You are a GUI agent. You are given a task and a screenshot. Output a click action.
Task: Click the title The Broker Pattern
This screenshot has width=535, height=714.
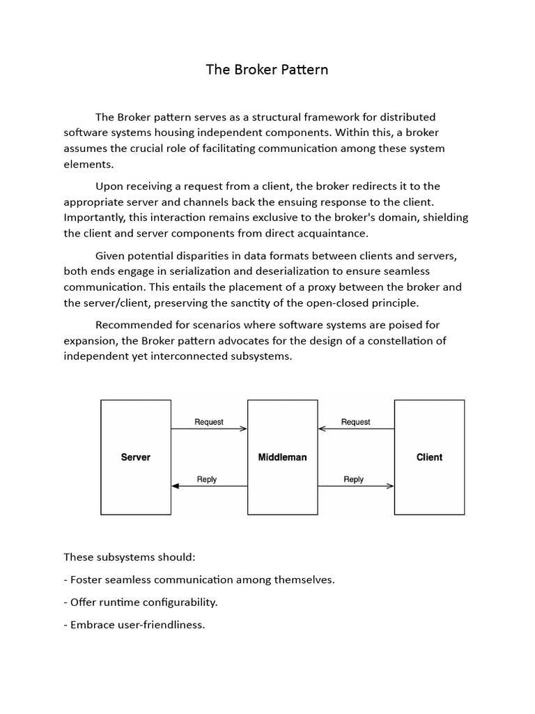(x=267, y=70)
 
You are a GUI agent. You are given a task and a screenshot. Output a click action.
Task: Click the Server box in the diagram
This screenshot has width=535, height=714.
(x=136, y=457)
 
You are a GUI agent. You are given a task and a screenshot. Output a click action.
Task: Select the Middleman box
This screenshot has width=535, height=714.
(x=282, y=457)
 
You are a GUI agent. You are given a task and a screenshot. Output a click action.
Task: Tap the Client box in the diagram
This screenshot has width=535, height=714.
(x=429, y=457)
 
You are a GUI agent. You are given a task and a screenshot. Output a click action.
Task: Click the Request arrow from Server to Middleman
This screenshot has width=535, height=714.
(x=209, y=429)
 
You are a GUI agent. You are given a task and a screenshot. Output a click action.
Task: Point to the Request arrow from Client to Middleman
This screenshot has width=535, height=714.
(x=356, y=429)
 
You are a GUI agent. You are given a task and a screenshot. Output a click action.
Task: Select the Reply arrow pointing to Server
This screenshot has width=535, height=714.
(x=209, y=486)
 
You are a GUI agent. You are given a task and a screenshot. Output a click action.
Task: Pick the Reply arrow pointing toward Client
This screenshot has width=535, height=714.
(x=356, y=486)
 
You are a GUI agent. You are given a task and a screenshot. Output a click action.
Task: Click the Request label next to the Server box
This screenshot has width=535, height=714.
(x=209, y=422)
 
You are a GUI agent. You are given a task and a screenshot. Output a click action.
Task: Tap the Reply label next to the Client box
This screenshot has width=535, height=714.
(x=354, y=479)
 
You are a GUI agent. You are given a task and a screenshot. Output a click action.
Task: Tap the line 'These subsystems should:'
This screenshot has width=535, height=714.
(x=130, y=558)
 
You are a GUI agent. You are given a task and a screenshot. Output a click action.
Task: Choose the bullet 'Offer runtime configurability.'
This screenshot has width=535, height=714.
(x=141, y=602)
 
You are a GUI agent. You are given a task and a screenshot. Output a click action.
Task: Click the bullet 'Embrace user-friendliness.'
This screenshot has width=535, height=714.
(x=134, y=624)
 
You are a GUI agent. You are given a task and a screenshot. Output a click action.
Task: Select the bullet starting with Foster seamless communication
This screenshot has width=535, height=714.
(x=199, y=579)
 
